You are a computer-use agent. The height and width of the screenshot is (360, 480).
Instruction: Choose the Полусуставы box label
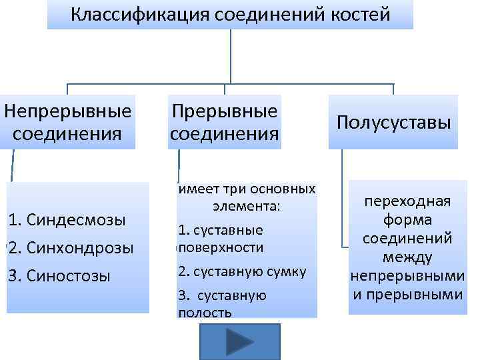tap(393, 122)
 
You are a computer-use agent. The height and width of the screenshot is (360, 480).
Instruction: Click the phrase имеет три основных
tap(247, 189)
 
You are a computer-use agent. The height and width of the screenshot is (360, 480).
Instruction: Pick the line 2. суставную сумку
tap(242, 271)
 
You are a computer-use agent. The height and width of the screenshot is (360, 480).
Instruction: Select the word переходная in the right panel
tap(407, 202)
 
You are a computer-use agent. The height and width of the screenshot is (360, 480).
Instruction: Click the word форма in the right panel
tap(407, 220)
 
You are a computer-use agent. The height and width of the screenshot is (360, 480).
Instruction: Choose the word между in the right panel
tap(407, 257)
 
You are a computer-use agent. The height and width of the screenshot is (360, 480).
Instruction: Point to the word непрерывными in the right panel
tap(407, 275)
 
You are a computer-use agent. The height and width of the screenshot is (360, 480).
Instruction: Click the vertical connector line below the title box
tap(230, 57)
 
